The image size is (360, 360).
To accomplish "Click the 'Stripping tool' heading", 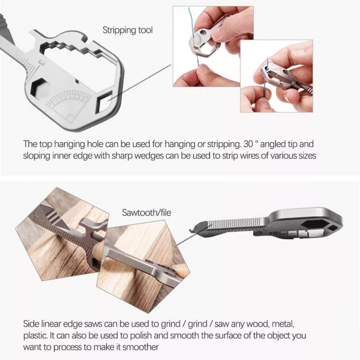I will coord(127,30).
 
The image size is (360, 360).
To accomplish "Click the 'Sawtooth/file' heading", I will coord(146,213).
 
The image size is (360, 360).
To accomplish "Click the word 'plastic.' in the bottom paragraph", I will coord(36,335).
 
